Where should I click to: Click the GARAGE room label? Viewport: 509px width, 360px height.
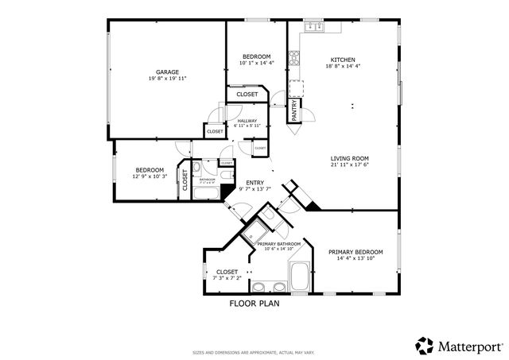167,72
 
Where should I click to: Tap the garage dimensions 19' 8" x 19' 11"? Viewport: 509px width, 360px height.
167,79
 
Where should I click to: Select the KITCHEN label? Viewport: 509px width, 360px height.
343,60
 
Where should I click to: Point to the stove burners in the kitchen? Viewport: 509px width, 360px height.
293,56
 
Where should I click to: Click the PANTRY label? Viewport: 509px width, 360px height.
294,110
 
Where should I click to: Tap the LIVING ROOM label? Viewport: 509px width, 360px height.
350,158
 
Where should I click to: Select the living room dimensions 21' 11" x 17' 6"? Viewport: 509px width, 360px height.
350,166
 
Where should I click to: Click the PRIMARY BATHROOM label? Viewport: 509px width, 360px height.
278,243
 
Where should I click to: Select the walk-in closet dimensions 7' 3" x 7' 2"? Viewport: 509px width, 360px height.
227,279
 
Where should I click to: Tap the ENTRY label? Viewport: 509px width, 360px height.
255,182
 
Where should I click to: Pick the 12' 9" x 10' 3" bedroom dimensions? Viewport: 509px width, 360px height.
150,176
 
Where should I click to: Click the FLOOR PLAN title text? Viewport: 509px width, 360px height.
254,304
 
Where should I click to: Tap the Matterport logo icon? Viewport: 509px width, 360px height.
424,346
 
